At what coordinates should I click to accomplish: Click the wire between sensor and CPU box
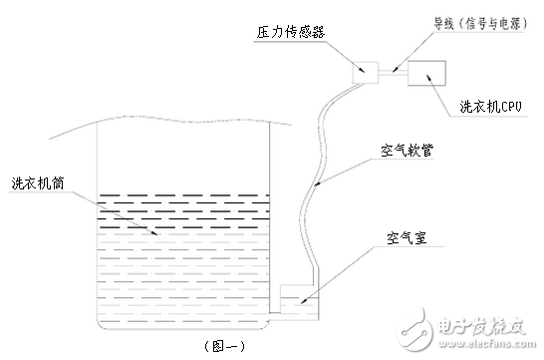point(393,70)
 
